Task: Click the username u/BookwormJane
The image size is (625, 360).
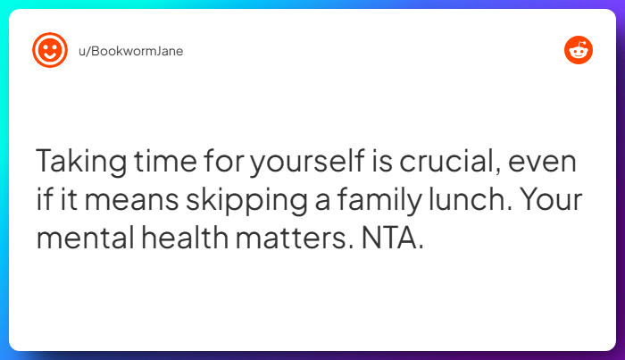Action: point(133,51)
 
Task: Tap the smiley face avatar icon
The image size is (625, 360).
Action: point(50,51)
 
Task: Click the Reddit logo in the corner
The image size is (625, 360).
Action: point(578,51)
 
